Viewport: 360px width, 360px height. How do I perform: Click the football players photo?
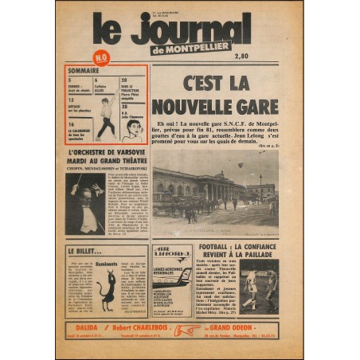pos(258,285)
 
